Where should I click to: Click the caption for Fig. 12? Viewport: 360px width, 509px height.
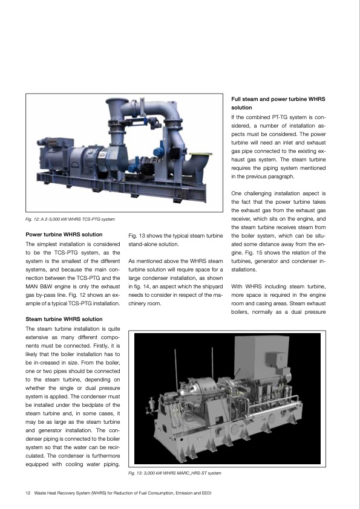70,218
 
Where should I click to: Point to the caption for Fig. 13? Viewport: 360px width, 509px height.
175,472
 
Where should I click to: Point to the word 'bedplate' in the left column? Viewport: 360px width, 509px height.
82,404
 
